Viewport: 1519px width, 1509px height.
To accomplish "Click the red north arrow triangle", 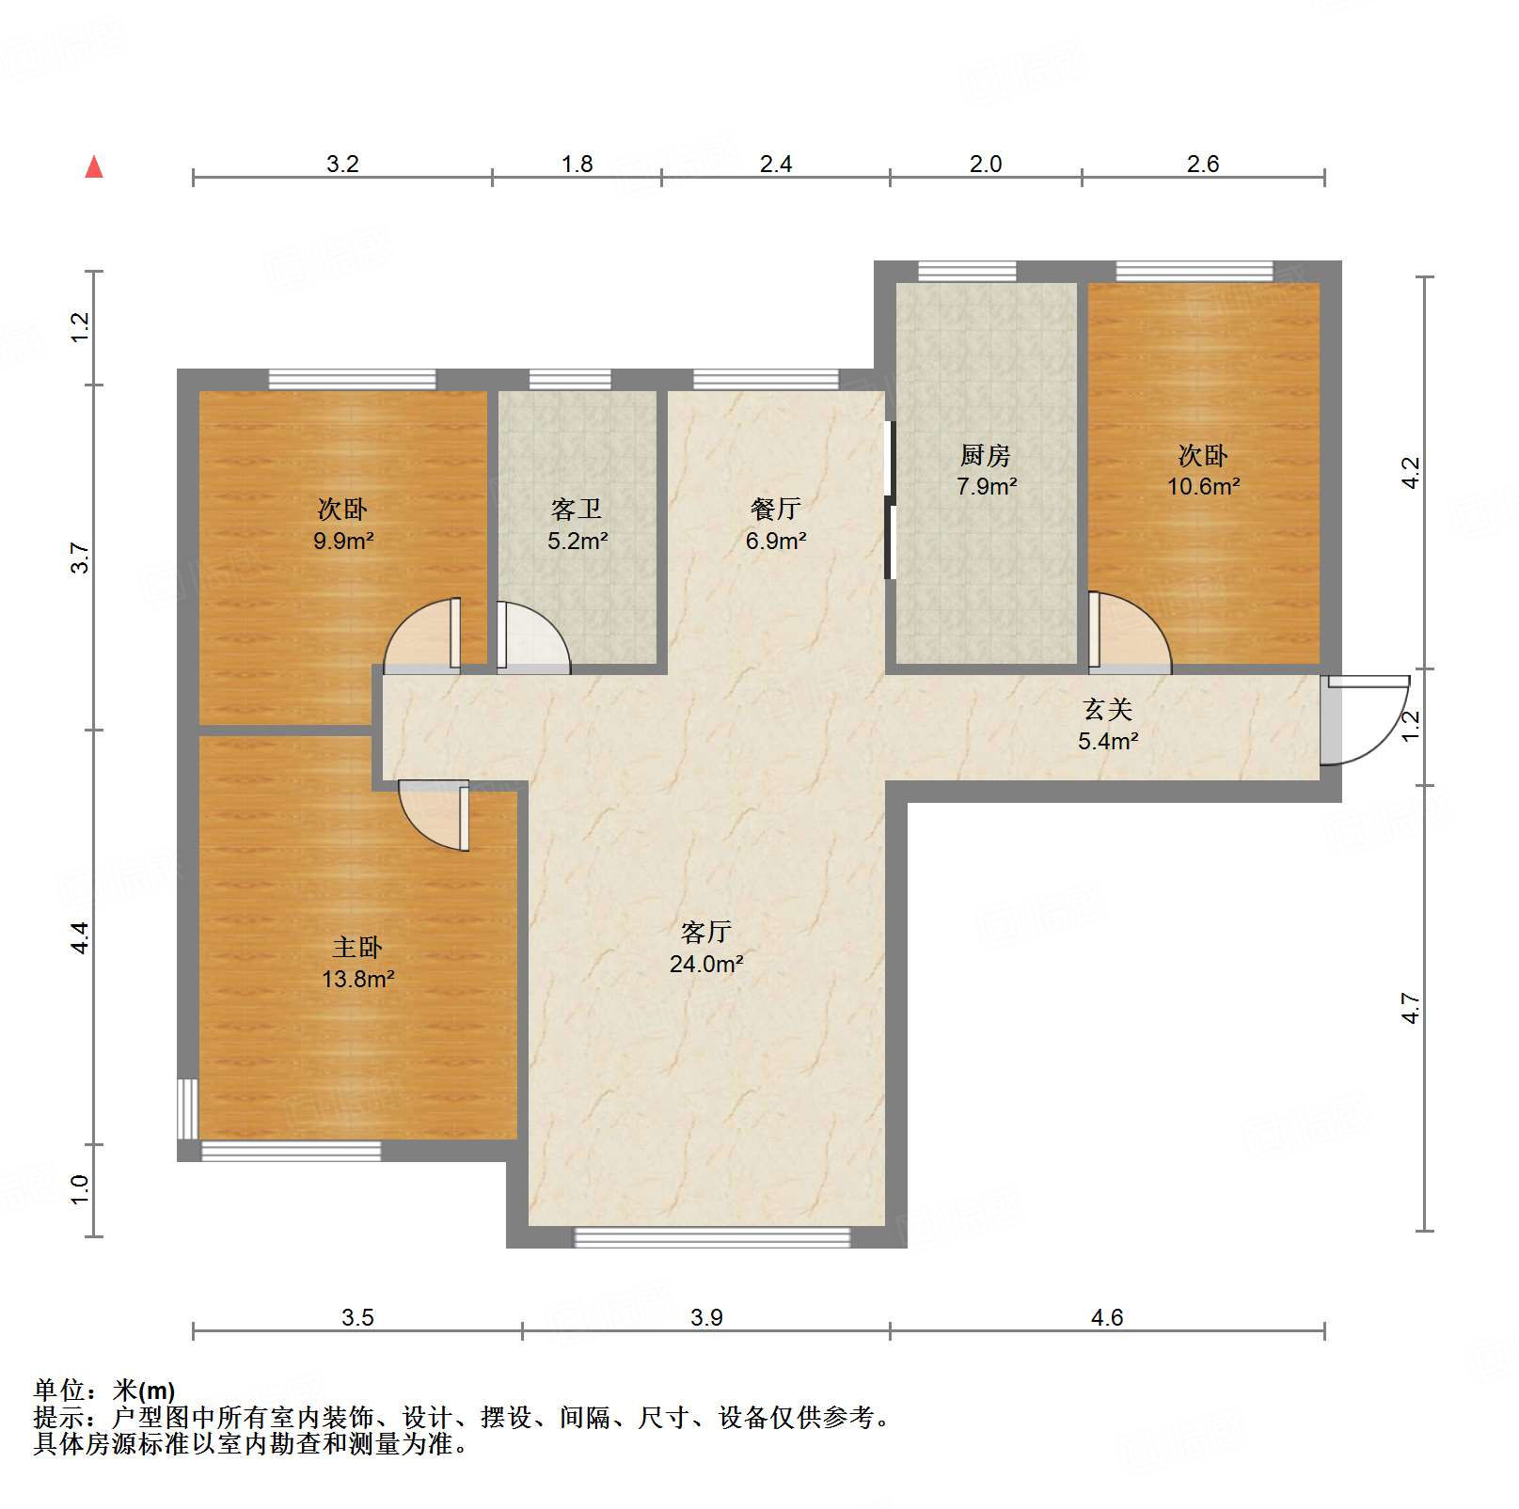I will (x=94, y=167).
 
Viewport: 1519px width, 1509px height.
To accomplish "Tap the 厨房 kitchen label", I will (x=985, y=456).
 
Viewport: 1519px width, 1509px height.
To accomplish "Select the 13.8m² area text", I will (x=357, y=980).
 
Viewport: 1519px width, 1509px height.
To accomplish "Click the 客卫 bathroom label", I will (x=577, y=510).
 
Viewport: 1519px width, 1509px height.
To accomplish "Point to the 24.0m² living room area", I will (x=706, y=965).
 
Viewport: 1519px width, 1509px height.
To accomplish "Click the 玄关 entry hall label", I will (x=1107, y=710).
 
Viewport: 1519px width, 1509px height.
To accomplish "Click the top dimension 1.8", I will (x=577, y=165).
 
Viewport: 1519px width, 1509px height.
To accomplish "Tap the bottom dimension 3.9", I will (x=706, y=1317).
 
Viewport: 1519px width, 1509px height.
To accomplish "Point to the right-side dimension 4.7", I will (x=1410, y=1008).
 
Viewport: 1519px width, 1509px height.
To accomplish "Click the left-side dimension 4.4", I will (x=81, y=937).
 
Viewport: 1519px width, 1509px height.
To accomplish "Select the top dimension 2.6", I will (x=1202, y=165).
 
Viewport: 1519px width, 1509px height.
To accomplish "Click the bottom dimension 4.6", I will (x=1107, y=1317).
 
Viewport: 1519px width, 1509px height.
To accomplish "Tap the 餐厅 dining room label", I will (x=776, y=510).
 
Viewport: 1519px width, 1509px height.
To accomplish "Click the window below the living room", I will (x=712, y=1237).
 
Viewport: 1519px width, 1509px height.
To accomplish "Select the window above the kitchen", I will (x=967, y=272).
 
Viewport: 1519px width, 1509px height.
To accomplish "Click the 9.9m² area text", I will (x=343, y=542).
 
